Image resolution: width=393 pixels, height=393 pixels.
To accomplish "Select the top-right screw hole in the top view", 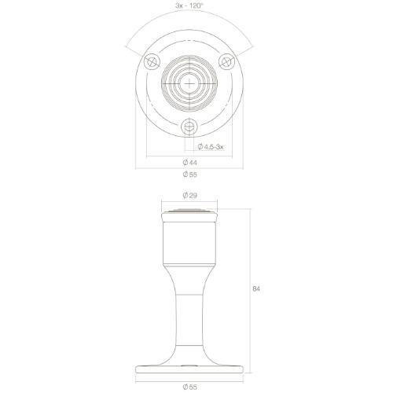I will pos(226,61).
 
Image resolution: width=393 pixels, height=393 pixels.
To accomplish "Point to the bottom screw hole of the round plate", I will pos(189,126).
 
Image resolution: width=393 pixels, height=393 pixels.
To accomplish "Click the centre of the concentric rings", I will pos(189,82).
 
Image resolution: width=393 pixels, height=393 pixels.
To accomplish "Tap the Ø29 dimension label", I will pos(189,195).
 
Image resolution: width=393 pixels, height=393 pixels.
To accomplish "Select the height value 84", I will pos(255,290).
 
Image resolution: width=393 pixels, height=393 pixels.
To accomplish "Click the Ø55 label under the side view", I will pos(189,386).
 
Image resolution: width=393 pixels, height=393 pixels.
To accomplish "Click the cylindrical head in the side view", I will pos(189,244).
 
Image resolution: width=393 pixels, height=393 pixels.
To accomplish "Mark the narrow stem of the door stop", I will pos(189,314).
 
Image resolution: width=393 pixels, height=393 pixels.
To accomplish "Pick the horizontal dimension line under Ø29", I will pos(189,202).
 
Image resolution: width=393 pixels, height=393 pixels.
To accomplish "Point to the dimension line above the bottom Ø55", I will pos(189,378).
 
